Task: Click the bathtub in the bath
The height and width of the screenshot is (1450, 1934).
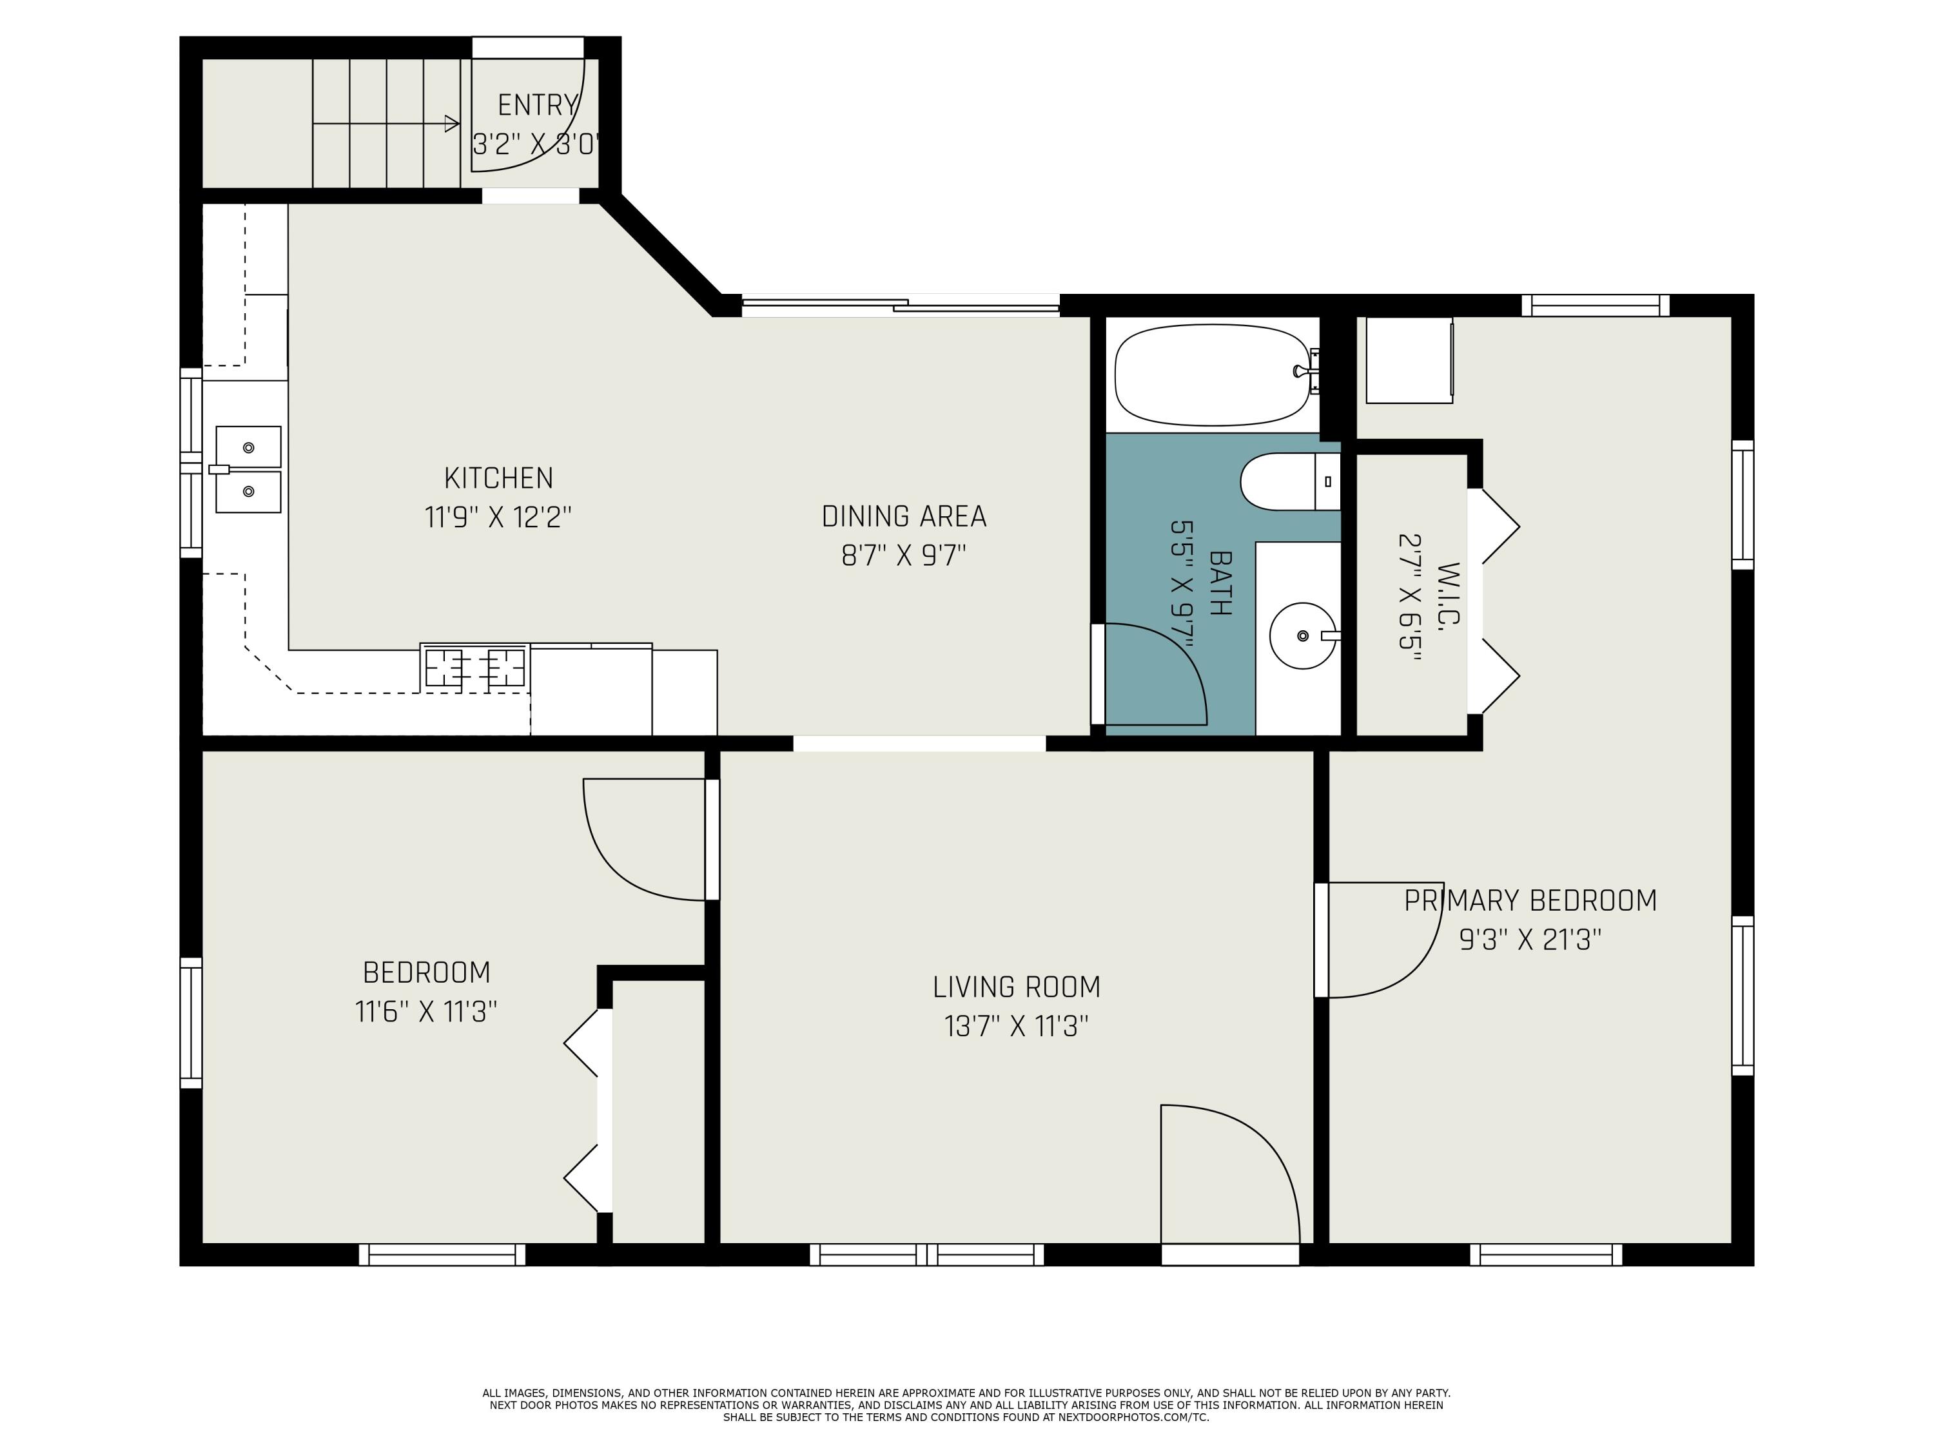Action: pos(1212,375)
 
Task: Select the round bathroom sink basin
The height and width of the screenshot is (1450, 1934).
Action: pos(1302,635)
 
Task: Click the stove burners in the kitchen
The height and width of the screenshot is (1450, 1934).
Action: pos(474,668)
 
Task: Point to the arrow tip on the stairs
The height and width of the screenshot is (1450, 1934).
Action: pos(454,124)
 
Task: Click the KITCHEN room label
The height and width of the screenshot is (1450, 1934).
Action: pos(498,478)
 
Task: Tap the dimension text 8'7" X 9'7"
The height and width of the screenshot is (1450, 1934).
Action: pos(903,555)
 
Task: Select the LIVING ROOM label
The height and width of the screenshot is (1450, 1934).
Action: pos(1016,987)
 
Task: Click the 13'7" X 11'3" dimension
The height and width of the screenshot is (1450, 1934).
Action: pos(1016,1026)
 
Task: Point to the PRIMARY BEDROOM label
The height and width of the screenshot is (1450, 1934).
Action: pos(1530,900)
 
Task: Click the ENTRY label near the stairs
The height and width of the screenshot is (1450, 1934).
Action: pos(537,106)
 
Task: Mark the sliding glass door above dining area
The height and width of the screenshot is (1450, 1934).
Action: pos(901,305)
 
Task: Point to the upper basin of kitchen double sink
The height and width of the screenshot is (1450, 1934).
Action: pos(248,447)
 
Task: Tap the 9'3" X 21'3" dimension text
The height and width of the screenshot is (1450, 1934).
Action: pos(1530,940)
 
